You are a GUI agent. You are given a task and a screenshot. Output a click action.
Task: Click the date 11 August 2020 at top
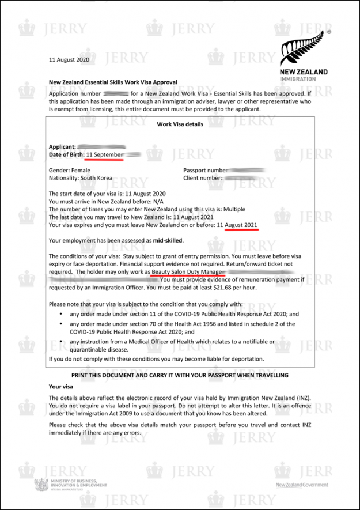point(69,59)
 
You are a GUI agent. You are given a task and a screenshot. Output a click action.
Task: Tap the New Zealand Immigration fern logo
point(304,56)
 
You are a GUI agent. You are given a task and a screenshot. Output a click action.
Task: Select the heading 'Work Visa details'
point(180,124)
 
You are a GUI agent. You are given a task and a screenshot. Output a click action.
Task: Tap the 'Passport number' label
point(204,171)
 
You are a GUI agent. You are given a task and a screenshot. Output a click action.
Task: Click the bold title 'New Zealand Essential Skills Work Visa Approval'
point(113,82)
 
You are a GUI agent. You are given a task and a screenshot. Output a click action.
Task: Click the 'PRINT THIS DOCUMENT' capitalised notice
point(180,375)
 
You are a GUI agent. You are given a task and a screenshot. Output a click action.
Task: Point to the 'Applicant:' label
point(62,147)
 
